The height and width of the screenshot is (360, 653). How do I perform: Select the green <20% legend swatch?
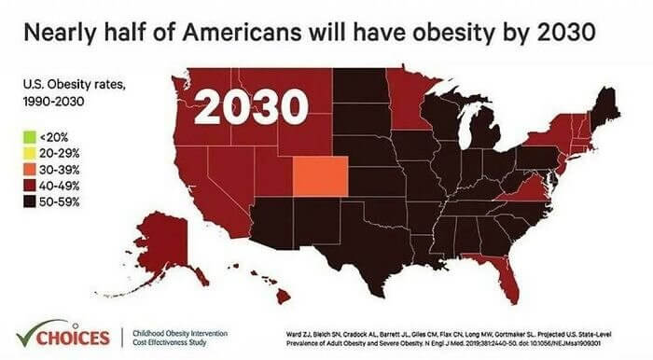click(x=30, y=137)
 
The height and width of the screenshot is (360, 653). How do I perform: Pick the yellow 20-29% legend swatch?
click(x=30, y=153)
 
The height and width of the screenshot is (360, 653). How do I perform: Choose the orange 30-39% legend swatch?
click(x=30, y=169)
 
